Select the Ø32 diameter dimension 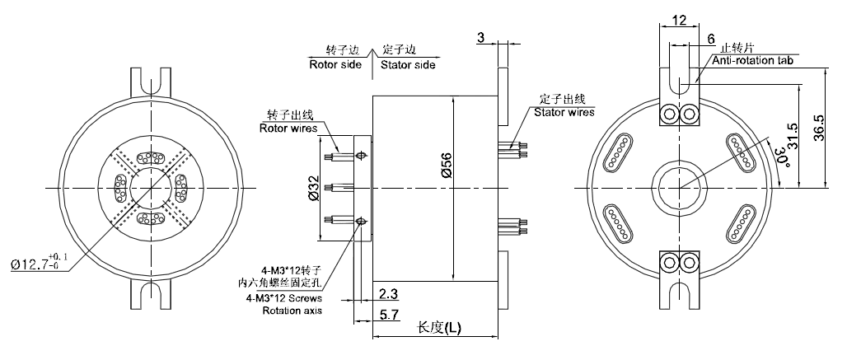[314, 190]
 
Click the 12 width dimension [679, 19]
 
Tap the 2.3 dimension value [388, 293]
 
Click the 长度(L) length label [439, 328]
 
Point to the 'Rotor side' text [335, 64]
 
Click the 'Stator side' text [408, 64]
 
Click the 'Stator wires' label [564, 112]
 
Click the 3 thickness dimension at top [480, 37]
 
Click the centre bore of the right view [680, 190]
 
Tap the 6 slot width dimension [711, 39]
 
